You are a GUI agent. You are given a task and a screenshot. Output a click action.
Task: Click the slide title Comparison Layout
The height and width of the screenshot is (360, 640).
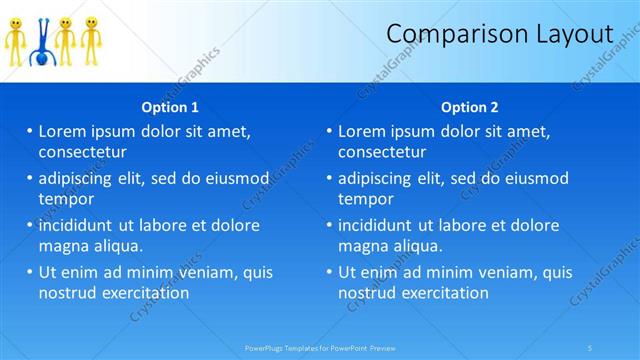click(499, 34)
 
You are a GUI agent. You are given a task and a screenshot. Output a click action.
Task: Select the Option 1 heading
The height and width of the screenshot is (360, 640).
click(170, 107)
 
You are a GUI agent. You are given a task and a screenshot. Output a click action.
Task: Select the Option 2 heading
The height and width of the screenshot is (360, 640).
click(469, 107)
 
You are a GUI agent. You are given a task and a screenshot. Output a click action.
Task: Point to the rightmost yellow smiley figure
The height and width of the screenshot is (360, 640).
click(90, 40)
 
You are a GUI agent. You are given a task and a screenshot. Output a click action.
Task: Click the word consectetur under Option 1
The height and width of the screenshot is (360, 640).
click(82, 152)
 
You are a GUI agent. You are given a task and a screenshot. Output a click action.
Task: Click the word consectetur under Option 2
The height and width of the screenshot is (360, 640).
click(382, 152)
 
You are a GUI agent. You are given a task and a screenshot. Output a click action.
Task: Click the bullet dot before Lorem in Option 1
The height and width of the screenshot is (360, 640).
click(29, 131)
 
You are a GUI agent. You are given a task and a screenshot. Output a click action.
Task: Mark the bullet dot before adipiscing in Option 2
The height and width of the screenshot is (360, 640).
click(329, 178)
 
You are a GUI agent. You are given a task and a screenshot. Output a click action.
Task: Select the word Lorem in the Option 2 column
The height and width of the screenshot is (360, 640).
click(362, 131)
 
